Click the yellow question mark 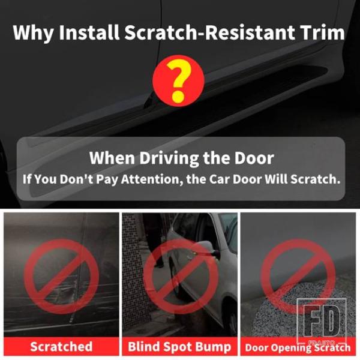178,80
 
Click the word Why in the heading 33,33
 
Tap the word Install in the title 89,32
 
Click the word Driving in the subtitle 169,159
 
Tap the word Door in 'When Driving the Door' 254,158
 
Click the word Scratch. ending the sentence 315,179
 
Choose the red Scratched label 61,346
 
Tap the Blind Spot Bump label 179,346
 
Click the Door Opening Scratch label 298,347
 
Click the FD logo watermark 322,321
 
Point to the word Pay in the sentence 107,180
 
